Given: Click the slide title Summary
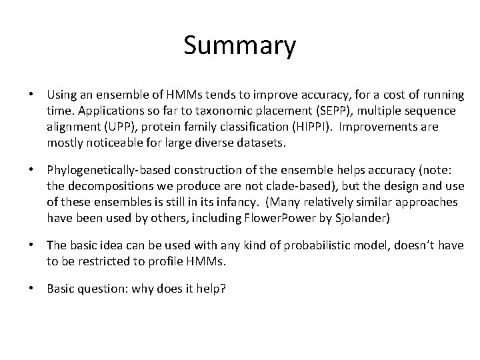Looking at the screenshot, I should click(239, 45).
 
